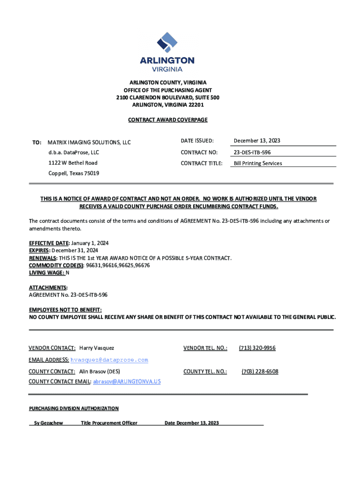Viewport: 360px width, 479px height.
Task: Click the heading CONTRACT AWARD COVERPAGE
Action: (167, 120)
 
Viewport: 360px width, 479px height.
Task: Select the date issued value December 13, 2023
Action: (257, 141)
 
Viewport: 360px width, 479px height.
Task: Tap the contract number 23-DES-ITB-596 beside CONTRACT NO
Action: (252, 152)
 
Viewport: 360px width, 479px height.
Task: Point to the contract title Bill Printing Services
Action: (258, 163)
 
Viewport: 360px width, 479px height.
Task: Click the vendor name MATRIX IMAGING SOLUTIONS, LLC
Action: (89, 142)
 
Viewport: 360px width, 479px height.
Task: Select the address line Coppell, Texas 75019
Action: (74, 173)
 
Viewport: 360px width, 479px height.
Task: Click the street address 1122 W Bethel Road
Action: (73, 163)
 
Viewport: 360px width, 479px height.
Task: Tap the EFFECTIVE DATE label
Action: (49, 244)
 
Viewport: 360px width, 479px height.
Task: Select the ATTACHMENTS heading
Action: (48, 287)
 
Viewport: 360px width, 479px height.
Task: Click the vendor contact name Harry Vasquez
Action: (97, 348)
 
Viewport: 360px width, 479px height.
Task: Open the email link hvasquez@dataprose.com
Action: (109, 360)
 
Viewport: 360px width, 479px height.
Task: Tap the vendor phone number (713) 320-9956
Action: (257, 348)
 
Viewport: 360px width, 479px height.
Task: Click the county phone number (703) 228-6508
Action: (259, 371)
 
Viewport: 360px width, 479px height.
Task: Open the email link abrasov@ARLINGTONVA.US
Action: (127, 382)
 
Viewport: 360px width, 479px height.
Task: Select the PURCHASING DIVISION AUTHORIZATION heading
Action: (74, 408)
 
